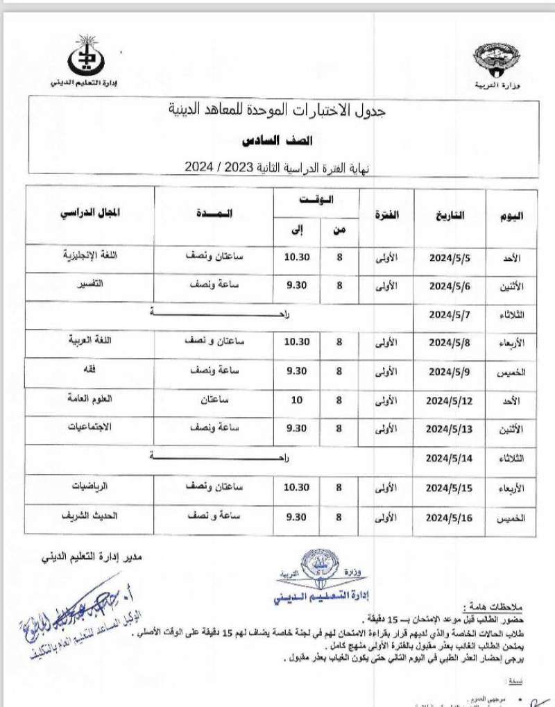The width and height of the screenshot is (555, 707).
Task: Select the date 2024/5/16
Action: (450, 518)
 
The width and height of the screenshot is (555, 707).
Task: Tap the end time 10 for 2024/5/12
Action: (296, 400)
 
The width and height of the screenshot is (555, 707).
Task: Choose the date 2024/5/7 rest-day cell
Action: (450, 314)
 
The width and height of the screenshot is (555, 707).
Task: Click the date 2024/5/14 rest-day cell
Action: (450, 459)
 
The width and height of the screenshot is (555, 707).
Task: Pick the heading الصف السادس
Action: (277, 141)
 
